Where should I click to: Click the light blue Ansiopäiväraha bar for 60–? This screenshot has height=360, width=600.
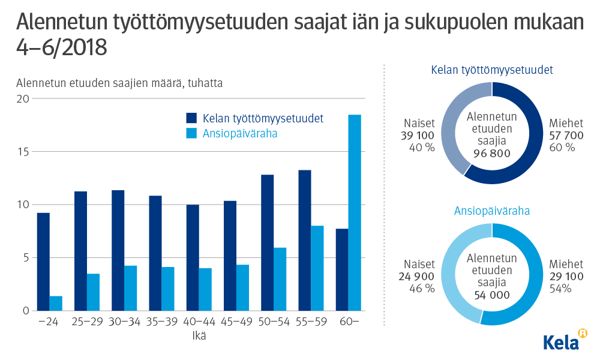355,212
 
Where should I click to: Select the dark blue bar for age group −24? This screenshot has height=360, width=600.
43,262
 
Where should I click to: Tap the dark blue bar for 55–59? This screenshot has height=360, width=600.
305,240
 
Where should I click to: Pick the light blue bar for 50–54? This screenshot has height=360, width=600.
280,279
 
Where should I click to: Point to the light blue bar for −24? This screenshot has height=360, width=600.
56,303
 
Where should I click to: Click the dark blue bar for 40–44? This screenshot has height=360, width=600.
193,257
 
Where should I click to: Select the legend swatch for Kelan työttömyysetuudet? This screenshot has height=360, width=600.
191,118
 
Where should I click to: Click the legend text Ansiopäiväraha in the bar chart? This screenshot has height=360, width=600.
240,134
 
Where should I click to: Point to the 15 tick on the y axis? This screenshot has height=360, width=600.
22,152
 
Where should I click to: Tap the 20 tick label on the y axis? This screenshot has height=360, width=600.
22,99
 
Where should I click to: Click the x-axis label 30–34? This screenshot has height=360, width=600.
124,323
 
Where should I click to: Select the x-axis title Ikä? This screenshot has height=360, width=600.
199,336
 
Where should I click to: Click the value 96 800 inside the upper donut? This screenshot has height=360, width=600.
491,154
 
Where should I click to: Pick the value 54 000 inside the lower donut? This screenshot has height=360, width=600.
491,295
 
